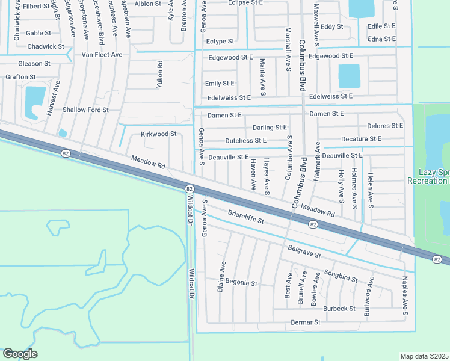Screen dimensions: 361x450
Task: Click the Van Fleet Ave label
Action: tap(102, 55)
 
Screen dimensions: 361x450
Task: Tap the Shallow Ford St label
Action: tap(85, 110)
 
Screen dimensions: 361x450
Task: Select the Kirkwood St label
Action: tap(158, 134)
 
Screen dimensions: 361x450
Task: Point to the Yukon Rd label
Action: tap(160, 75)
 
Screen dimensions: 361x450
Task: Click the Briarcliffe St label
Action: tap(246, 217)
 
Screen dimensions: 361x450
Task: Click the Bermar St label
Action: tap(306, 322)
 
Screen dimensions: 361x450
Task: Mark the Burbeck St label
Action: tap(339, 309)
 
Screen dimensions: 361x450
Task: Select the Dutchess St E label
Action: tap(245, 140)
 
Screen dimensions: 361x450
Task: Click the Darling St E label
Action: tap(270, 128)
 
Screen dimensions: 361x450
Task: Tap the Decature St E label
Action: tap(361, 138)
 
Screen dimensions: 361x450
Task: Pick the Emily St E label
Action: tap(220, 84)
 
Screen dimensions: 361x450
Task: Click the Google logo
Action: tap(20, 354)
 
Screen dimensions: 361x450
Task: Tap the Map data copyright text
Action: tap(425, 356)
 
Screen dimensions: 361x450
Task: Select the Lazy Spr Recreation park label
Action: tap(428, 176)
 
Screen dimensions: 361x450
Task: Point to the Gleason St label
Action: tap(34, 63)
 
